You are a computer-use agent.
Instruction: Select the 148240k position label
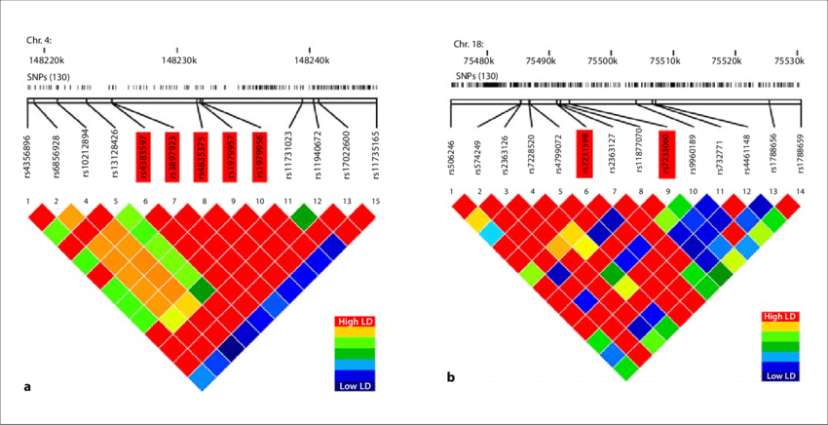tap(309, 60)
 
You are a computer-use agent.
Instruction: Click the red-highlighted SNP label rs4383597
tap(141, 148)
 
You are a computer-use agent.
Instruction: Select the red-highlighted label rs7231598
tap(583, 148)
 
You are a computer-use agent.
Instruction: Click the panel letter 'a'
tap(26, 387)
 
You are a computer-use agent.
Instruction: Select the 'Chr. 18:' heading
tap(470, 44)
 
